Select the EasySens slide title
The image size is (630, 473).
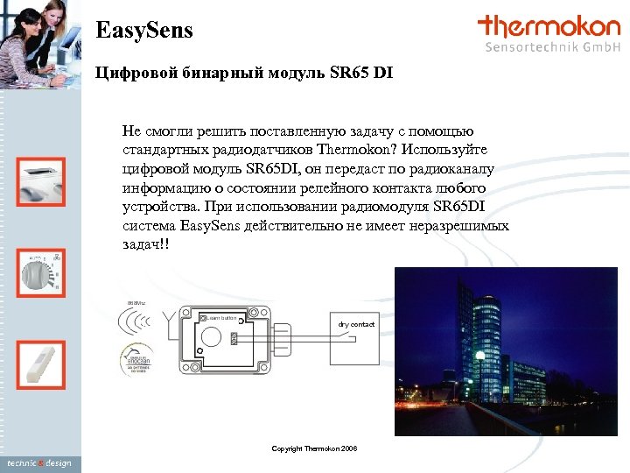[143, 32]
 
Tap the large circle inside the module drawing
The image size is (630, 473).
[210, 336]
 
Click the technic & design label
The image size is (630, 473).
[38, 462]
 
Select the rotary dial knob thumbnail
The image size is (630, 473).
[41, 271]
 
